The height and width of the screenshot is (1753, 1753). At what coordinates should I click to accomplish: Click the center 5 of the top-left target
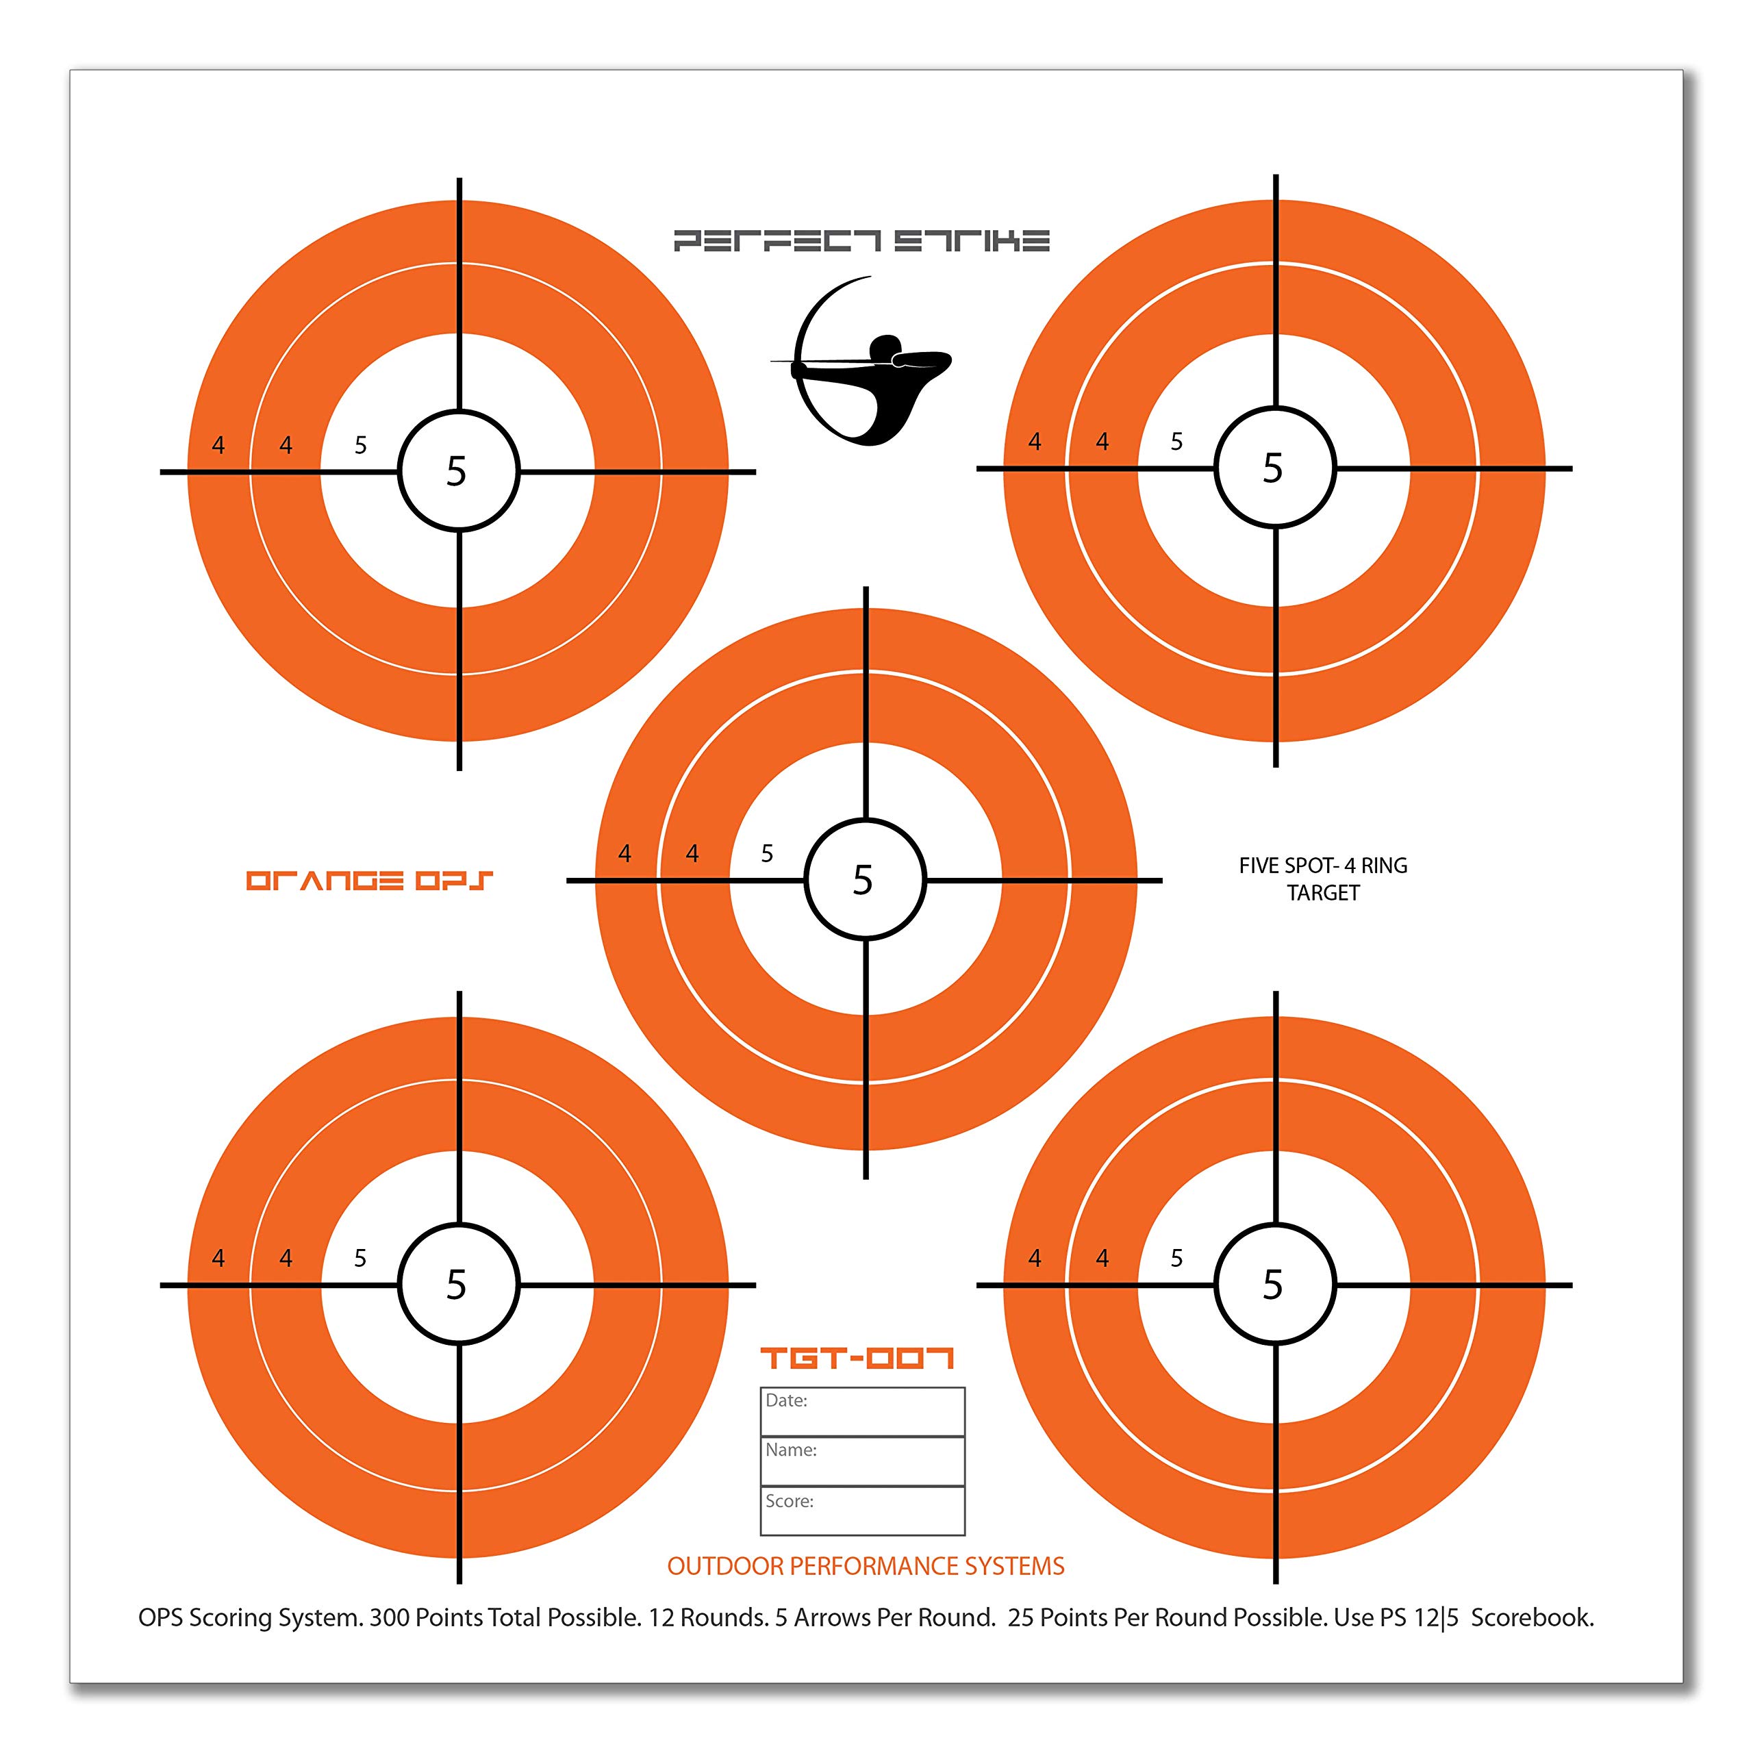point(457,472)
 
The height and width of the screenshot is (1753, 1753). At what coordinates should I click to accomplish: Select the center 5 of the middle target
point(863,880)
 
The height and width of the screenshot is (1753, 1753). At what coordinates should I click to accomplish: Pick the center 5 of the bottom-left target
point(457,1285)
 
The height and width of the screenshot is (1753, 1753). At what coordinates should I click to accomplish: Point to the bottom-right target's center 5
point(1273,1285)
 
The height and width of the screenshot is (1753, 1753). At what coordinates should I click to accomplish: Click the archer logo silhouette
point(862,363)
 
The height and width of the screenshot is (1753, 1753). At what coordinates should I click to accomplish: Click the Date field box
point(862,1411)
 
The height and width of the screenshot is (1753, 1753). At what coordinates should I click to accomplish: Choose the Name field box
point(862,1461)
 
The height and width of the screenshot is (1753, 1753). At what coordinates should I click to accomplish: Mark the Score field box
point(862,1511)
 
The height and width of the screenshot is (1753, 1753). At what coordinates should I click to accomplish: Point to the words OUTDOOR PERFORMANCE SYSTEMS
point(866,1566)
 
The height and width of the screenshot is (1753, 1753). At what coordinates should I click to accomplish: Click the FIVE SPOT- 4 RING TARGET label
point(1323,879)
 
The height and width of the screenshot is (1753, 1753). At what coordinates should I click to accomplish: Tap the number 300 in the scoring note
point(388,1618)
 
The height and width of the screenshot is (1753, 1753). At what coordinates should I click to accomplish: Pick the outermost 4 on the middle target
point(625,854)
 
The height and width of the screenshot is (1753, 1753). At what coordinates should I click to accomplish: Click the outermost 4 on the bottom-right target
point(1035,1259)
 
